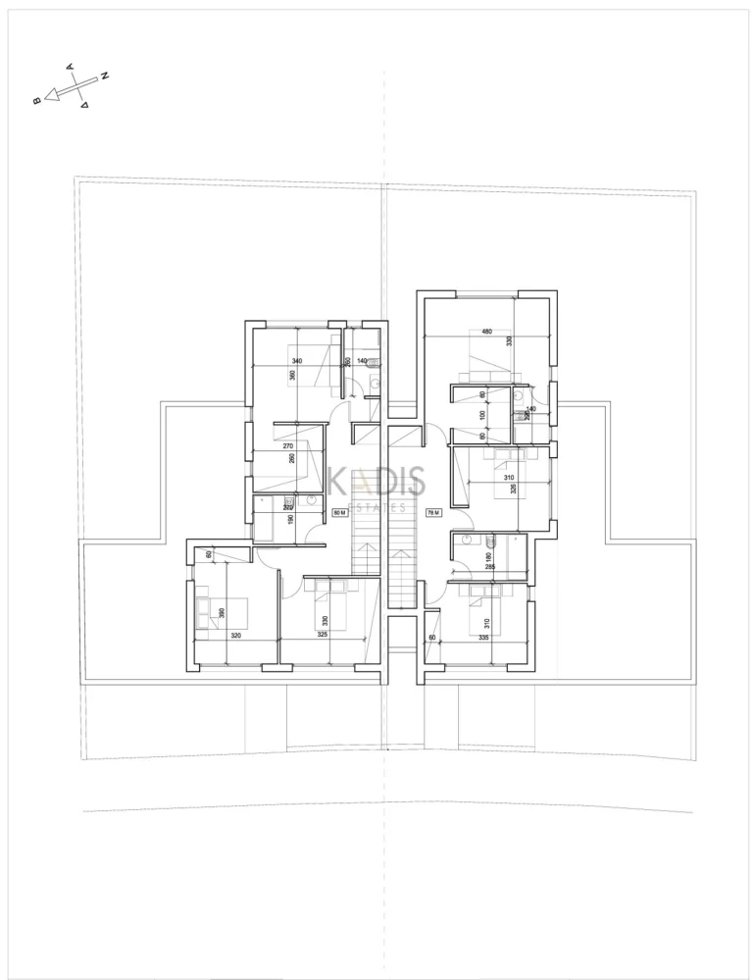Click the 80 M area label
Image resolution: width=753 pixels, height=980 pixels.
click(x=340, y=512)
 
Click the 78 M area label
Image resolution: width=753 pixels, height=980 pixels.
click(x=432, y=512)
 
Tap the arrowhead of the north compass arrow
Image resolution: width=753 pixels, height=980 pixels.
click(x=47, y=96)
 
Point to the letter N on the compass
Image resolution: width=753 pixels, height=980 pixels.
click(x=105, y=76)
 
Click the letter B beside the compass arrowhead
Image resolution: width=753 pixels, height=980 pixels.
click(x=36, y=100)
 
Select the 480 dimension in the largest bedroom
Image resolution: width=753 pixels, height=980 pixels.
click(x=485, y=332)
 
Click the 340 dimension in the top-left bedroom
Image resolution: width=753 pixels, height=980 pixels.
click(x=297, y=361)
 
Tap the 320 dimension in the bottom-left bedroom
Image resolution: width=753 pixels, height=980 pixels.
click(x=235, y=636)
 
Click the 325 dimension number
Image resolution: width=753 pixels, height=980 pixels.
click(x=323, y=636)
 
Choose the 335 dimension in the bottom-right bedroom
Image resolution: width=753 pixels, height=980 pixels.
click(x=483, y=636)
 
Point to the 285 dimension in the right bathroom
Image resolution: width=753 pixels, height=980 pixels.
click(x=488, y=566)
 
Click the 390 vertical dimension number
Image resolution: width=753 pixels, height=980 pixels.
click(x=223, y=613)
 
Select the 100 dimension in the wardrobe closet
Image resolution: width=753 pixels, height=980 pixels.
click(x=482, y=414)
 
